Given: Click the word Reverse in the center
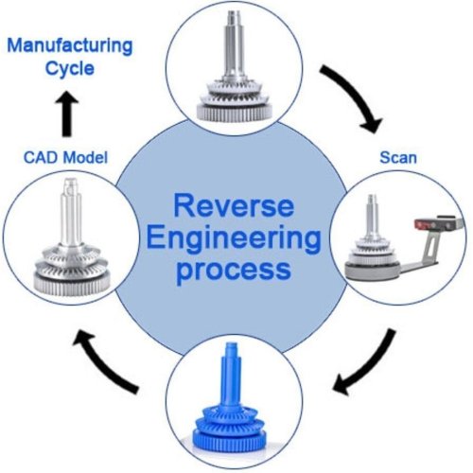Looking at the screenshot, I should (236, 205).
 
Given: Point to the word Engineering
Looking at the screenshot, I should (236, 236).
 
